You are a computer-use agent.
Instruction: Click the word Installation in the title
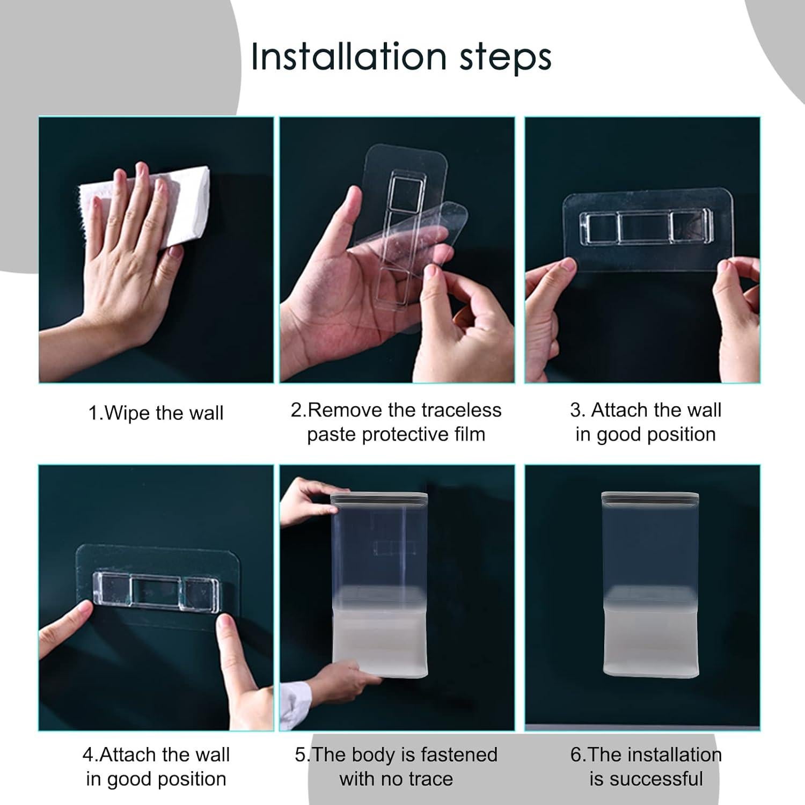pos(349,56)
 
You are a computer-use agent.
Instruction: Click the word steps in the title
pos(506,58)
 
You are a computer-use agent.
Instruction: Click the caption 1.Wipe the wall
pos(156,413)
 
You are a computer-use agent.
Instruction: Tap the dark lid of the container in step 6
pos(650,499)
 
